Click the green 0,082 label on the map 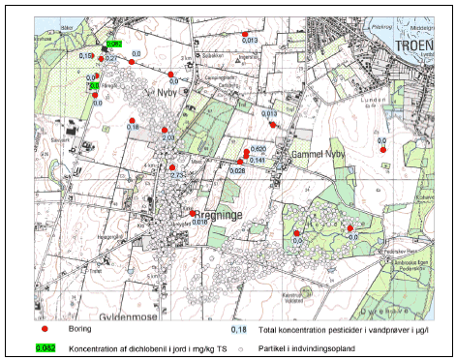(x=112, y=45)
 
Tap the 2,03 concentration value (x=167, y=138)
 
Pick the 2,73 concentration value (x=176, y=175)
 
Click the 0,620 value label (x=258, y=147)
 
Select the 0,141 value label (x=257, y=159)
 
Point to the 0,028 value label (x=237, y=170)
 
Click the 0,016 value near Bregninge (x=200, y=223)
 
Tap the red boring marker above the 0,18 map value (x=131, y=120)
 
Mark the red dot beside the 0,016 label (x=193, y=213)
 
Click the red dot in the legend (x=46, y=331)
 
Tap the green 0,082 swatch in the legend (x=46, y=347)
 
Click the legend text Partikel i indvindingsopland (x=310, y=347)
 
